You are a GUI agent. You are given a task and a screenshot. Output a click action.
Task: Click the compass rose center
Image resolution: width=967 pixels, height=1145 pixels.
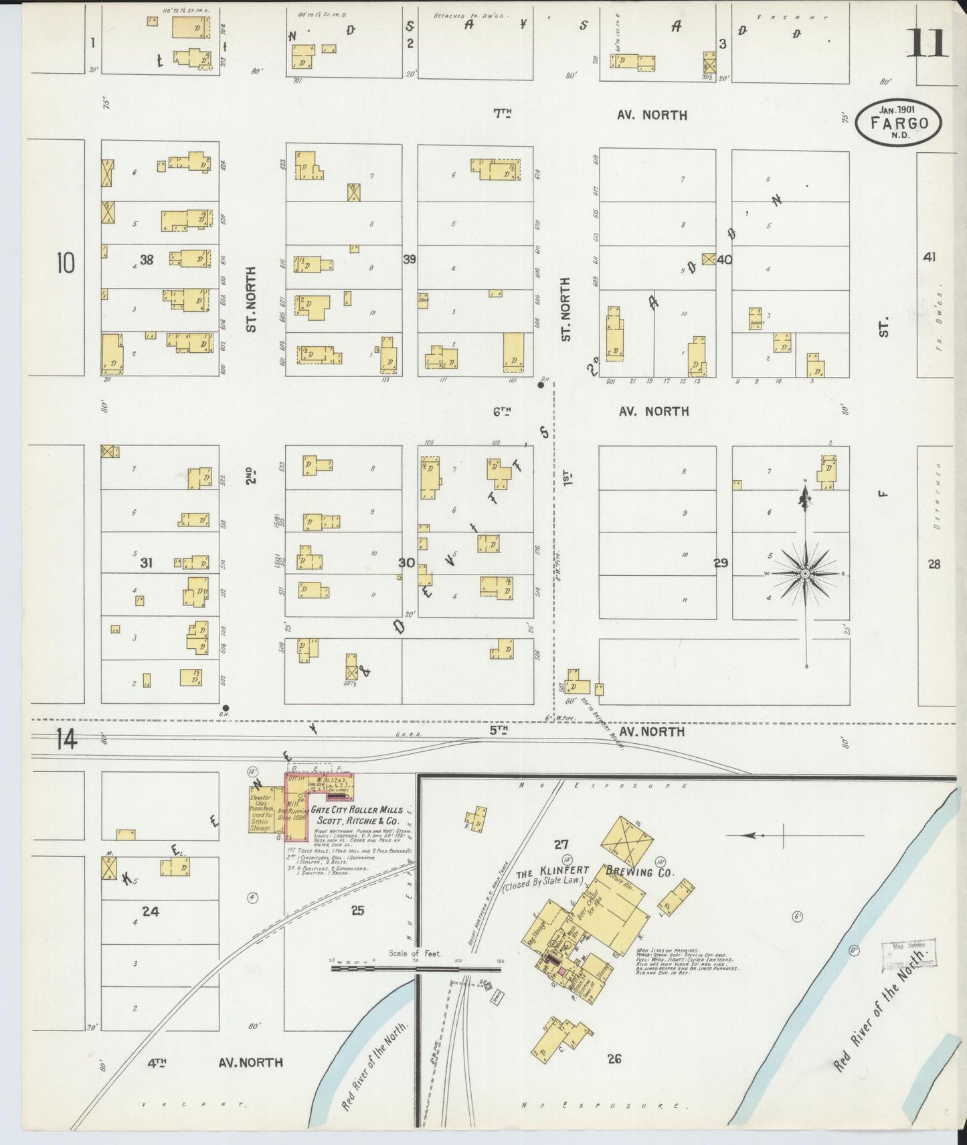[x=806, y=574]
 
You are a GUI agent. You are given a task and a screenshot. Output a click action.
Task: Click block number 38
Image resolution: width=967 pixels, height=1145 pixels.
[x=146, y=260]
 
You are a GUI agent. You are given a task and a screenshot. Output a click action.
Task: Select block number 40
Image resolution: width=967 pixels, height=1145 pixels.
[x=724, y=260]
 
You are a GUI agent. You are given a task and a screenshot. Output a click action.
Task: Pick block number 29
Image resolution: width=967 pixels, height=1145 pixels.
[x=720, y=563]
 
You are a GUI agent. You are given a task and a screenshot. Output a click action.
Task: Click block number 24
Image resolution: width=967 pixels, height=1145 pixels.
[x=151, y=911]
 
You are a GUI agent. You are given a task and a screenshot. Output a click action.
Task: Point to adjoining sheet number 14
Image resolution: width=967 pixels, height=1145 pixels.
[x=66, y=740]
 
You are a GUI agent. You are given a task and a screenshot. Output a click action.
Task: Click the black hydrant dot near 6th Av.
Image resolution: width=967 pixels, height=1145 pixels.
[x=541, y=385]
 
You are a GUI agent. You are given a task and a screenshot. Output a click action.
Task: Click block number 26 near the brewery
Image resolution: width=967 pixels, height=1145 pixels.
[x=614, y=1059]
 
